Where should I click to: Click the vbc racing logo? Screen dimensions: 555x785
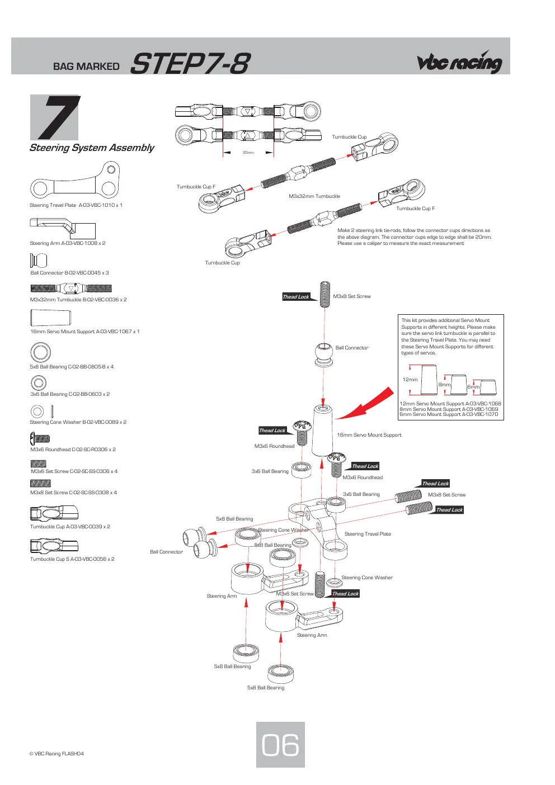pyautogui.click(x=459, y=62)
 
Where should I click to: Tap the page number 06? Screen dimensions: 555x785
pyautogui.click(x=280, y=745)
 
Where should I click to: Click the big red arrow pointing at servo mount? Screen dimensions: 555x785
pyautogui.click(x=365, y=404)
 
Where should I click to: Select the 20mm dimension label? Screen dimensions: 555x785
pyautogui.click(x=248, y=153)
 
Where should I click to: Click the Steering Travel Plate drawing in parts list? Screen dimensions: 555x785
pyautogui.click(x=75, y=181)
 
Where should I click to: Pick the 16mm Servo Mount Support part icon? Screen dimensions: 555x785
pyautogui.click(x=51, y=318)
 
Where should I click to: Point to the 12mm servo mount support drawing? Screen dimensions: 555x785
pyautogui.click(x=429, y=380)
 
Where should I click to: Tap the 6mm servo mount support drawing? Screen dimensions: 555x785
pyautogui.click(x=488, y=387)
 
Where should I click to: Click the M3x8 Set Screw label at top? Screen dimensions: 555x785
pyautogui.click(x=352, y=296)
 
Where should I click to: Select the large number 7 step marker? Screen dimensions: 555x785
pyautogui.click(x=58, y=117)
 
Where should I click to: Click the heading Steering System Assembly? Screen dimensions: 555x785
pyautogui.click(x=92, y=148)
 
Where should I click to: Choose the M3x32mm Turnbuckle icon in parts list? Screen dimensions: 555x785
pyautogui.click(x=71, y=289)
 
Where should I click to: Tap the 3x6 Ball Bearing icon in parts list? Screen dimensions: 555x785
pyautogui.click(x=39, y=382)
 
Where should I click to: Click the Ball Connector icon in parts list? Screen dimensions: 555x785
pyautogui.click(x=39, y=261)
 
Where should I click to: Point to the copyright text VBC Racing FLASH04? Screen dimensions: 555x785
pyautogui.click(x=57, y=754)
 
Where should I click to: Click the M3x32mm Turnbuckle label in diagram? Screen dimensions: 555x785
pyautogui.click(x=314, y=196)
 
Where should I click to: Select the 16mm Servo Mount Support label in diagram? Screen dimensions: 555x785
pyautogui.click(x=369, y=435)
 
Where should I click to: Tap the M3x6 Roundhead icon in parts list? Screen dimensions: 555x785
pyautogui.click(x=40, y=438)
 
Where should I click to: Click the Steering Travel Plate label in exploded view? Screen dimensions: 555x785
pyautogui.click(x=368, y=534)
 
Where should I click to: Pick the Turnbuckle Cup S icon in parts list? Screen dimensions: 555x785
pyautogui.click(x=54, y=546)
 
